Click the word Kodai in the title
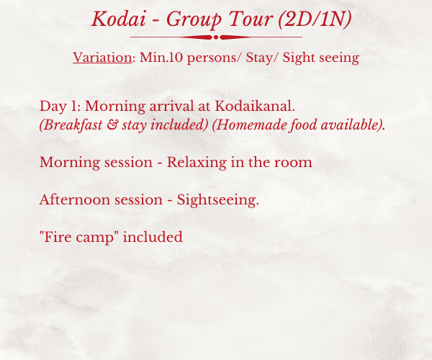coord(119,19)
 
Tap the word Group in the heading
coord(194,20)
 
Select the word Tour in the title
coord(251,19)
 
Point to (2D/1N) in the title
coord(315,19)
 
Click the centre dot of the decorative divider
coord(216,37)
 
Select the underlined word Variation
coord(102,58)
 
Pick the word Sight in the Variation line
coord(298,58)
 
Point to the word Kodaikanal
coord(255,106)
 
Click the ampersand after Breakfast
coord(112,125)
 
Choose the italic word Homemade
coord(249,125)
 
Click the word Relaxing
coord(197,163)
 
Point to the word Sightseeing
coord(218,200)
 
